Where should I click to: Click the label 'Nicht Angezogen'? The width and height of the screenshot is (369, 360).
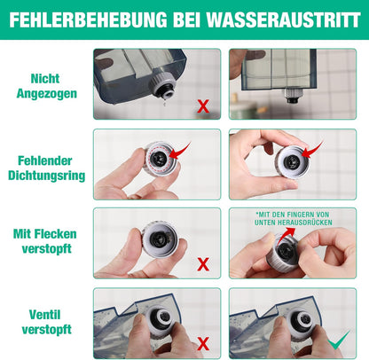44,84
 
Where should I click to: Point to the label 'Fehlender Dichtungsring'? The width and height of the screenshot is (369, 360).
44,168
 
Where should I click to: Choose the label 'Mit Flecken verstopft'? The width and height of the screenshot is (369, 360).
44,242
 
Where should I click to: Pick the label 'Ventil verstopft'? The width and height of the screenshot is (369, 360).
44,320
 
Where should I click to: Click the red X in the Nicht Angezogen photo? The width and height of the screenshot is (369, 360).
203,106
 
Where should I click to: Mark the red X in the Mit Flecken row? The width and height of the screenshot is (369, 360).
203,263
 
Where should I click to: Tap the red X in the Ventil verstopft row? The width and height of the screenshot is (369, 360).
203,342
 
